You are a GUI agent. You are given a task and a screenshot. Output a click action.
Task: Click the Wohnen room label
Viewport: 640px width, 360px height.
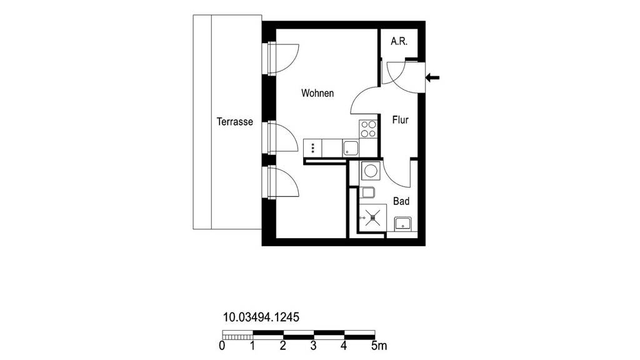pyautogui.click(x=317, y=93)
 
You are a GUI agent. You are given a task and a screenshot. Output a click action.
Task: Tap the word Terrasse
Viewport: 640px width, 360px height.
pyautogui.click(x=235, y=122)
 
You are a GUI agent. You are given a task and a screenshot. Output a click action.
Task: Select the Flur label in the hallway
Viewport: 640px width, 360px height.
pyautogui.click(x=401, y=120)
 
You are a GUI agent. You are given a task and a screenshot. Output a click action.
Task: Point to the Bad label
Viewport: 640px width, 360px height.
pyautogui.click(x=401, y=201)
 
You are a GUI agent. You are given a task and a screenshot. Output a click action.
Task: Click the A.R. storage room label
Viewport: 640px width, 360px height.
pyautogui.click(x=399, y=41)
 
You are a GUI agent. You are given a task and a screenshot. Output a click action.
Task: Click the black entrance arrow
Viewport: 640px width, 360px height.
pyautogui.click(x=432, y=77)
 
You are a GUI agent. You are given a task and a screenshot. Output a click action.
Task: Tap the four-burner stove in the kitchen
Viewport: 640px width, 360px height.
pyautogui.click(x=368, y=129)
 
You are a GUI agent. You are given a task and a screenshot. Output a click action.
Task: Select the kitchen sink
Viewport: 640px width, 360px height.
pyautogui.click(x=351, y=147)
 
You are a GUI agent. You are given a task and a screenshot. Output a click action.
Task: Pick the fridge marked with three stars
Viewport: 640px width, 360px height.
pyautogui.click(x=312, y=147)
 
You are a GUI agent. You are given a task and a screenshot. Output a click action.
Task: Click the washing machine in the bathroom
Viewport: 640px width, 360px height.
pyautogui.click(x=371, y=171)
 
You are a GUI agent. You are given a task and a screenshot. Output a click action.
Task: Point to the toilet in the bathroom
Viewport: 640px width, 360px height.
pyautogui.click(x=367, y=192)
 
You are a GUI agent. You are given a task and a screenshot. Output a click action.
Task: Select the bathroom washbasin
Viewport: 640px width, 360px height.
pyautogui.click(x=403, y=224)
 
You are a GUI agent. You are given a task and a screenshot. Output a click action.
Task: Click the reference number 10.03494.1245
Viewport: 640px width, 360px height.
pyautogui.click(x=261, y=317)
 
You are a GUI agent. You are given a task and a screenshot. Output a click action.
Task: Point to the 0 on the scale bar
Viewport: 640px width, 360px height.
pyautogui.click(x=222, y=346)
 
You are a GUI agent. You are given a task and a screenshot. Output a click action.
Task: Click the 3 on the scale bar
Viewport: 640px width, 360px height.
pyautogui.click(x=313, y=346)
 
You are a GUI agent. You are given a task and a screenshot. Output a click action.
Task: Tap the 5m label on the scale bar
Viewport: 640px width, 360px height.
pyautogui.click(x=379, y=346)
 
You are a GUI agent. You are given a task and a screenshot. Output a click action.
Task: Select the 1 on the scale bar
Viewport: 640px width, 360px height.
pyautogui.click(x=252, y=346)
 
